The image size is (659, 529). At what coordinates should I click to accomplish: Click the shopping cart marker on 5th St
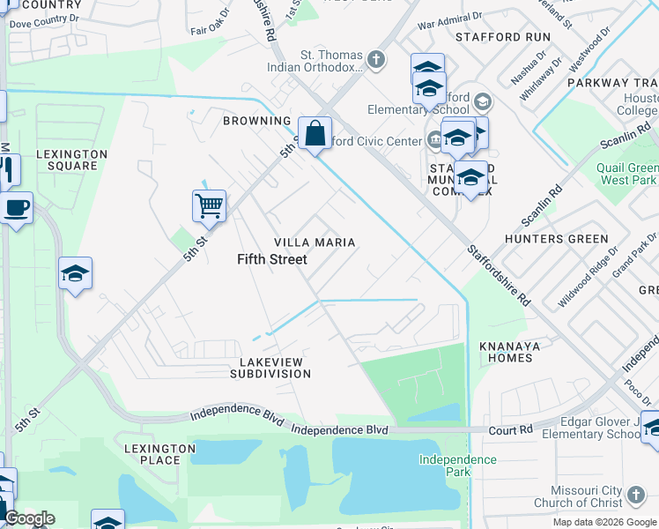[x=209, y=206]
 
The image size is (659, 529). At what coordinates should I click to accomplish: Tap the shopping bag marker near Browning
[x=315, y=133]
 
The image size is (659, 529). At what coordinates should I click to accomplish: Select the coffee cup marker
[x=15, y=209]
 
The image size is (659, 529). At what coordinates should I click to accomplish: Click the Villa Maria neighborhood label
[x=315, y=242]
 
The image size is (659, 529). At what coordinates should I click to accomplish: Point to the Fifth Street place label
[x=272, y=259]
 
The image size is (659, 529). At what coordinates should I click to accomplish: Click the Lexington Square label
[x=72, y=160]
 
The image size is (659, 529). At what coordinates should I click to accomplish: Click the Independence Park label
[x=457, y=466]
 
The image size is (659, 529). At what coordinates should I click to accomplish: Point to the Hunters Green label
[x=556, y=239]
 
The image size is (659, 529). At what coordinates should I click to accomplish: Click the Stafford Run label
[x=502, y=37]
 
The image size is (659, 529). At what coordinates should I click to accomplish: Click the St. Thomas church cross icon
[x=376, y=60]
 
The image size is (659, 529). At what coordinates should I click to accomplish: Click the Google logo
[x=29, y=518]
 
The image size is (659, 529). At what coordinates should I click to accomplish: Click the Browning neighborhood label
[x=256, y=121]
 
